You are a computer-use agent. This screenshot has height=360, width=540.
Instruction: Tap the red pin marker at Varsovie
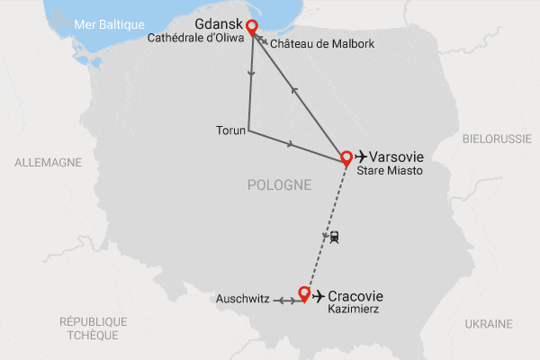(346, 157)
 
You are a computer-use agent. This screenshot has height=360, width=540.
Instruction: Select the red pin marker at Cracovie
(304, 292)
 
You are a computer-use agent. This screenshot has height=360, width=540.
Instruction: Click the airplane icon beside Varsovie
(364, 155)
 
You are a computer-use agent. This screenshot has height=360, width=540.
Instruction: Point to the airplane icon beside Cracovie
(318, 294)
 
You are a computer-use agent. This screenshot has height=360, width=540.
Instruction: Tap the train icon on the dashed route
(333, 237)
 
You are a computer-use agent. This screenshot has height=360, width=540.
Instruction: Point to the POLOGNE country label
(279, 184)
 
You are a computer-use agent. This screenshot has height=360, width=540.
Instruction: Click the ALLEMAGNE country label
(48, 162)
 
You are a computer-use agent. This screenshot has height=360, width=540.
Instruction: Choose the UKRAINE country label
(489, 323)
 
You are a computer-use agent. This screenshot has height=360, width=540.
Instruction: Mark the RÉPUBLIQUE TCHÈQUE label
(94, 328)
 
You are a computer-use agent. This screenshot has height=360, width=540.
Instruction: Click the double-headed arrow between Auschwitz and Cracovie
(285, 300)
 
